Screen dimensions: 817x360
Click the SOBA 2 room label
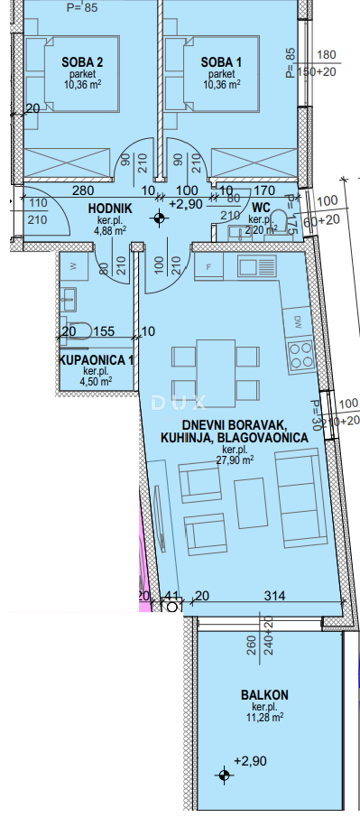(x=82, y=61)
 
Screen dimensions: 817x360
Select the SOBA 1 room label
(x=221, y=61)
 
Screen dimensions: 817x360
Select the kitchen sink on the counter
(x=260, y=266)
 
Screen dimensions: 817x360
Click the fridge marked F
(x=208, y=267)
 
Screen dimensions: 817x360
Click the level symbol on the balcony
(x=223, y=775)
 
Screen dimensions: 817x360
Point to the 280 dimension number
(x=84, y=190)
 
